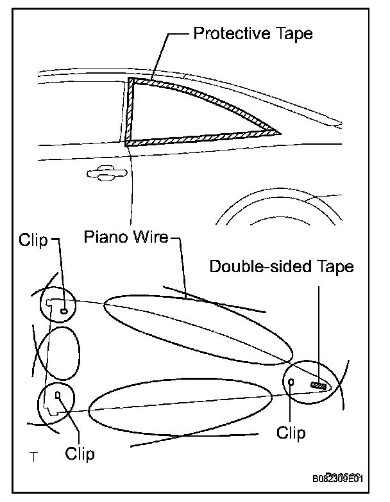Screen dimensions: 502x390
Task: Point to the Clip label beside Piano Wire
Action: pyautogui.click(x=34, y=240)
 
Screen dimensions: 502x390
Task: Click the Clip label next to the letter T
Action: pyautogui.click(x=80, y=453)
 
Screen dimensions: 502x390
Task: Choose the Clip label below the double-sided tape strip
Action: pyautogui.click(x=291, y=432)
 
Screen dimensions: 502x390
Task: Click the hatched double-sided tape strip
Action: pyautogui.click(x=319, y=385)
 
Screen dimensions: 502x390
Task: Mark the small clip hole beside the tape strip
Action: pyautogui.click(x=292, y=382)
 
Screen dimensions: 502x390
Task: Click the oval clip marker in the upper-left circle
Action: pyautogui.click(x=64, y=311)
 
